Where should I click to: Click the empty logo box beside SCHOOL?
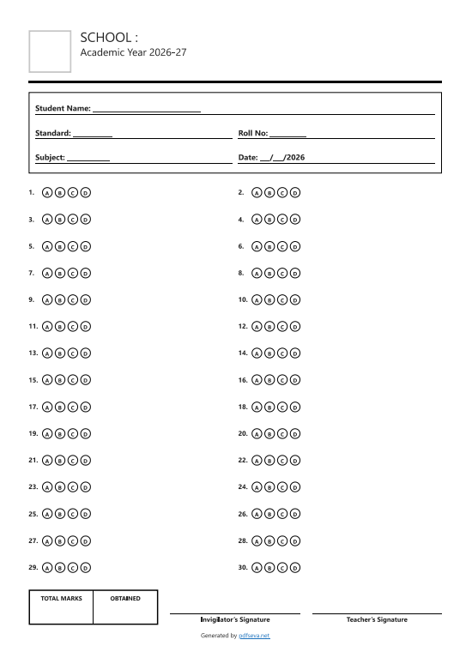(x=50, y=51)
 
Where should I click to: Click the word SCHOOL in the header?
(x=108, y=37)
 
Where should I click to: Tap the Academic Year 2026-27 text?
(x=133, y=53)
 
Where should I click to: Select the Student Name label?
(x=63, y=109)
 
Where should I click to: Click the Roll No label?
(x=253, y=134)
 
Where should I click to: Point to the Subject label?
(x=50, y=158)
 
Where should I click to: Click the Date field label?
(x=248, y=158)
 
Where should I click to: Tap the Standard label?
(x=53, y=134)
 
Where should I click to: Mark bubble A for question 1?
(x=47, y=193)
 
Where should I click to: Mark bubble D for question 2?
(x=295, y=193)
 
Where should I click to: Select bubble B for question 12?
(x=269, y=327)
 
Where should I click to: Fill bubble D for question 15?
(x=85, y=380)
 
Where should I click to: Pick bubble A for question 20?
(x=257, y=434)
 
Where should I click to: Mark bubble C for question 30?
(x=282, y=568)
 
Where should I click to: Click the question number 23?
(x=33, y=486)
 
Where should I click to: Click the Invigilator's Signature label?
(x=235, y=619)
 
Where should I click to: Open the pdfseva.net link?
(x=254, y=636)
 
